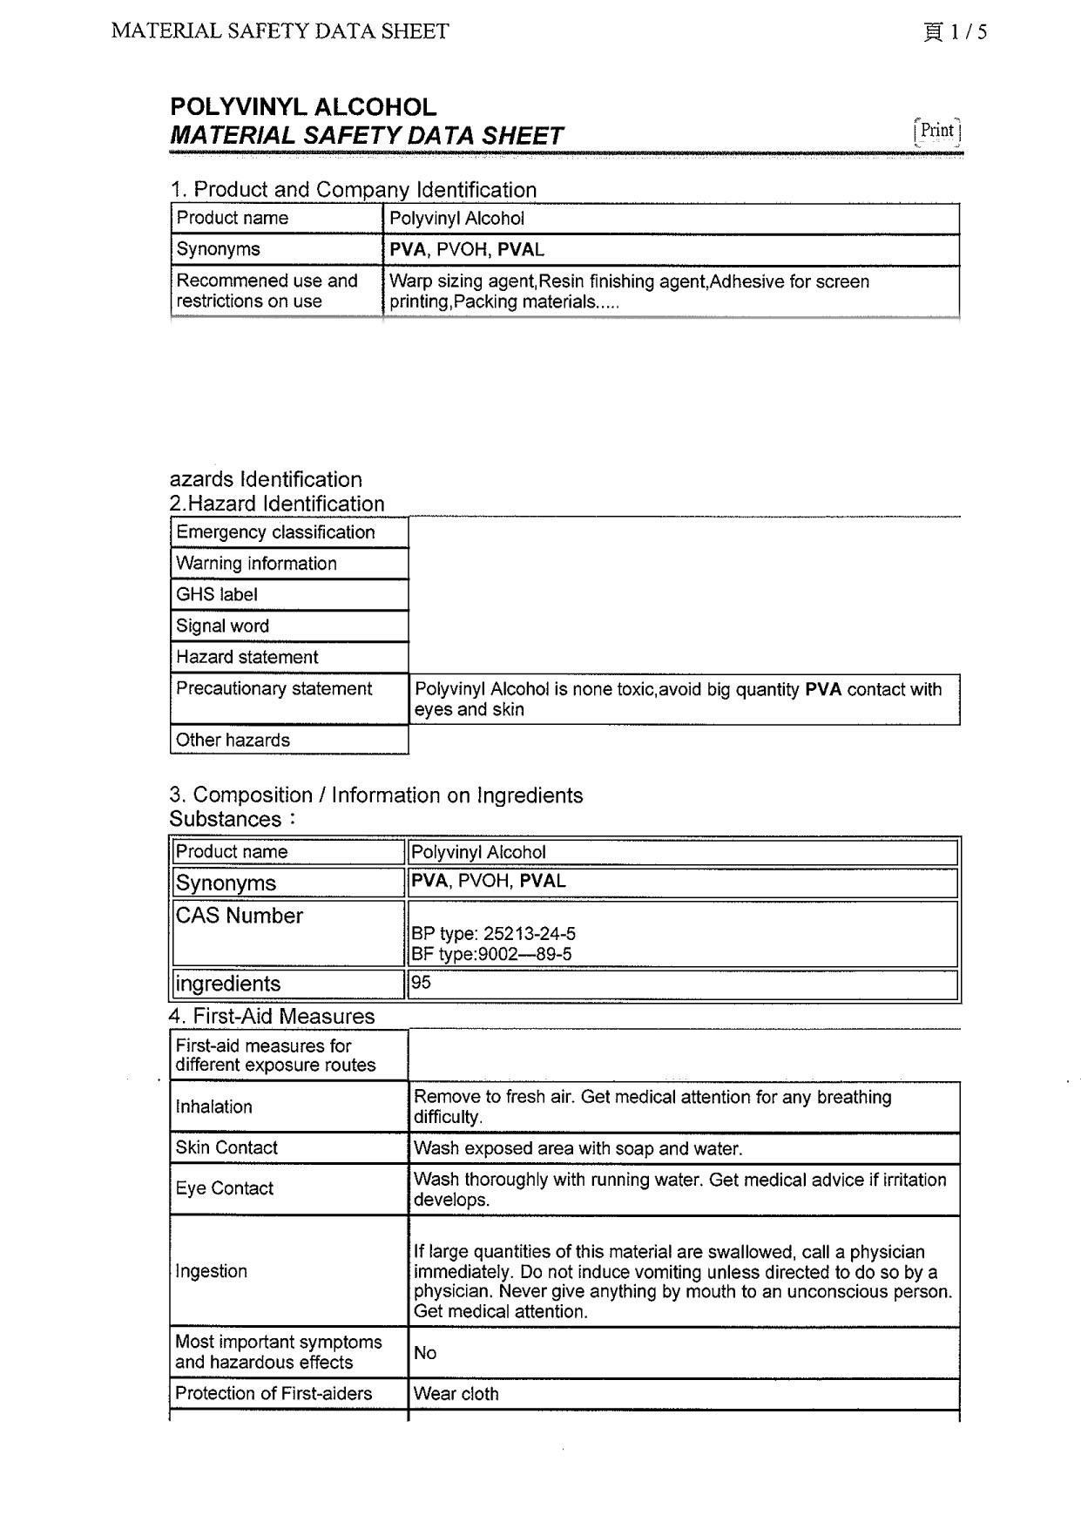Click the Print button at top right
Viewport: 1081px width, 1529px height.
(937, 131)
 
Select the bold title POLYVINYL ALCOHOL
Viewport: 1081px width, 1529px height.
(303, 107)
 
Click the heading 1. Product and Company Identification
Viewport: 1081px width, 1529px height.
(353, 190)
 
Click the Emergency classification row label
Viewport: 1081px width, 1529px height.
(275, 532)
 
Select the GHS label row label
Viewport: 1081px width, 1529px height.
(217, 595)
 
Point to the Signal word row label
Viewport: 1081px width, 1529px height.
(222, 626)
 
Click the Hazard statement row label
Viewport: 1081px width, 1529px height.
(247, 658)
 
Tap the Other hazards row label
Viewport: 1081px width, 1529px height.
(233, 741)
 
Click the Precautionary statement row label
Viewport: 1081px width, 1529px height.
(274, 689)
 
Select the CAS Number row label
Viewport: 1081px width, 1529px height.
(240, 917)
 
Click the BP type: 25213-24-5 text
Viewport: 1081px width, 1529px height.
(493, 934)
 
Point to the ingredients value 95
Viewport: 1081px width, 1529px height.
(422, 983)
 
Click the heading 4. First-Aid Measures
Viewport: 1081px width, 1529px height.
(272, 1017)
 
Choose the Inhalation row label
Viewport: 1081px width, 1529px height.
(214, 1107)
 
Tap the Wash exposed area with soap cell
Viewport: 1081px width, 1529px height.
(578, 1148)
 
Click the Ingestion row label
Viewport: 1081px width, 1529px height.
(212, 1271)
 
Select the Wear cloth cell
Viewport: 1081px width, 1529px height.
(456, 1394)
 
